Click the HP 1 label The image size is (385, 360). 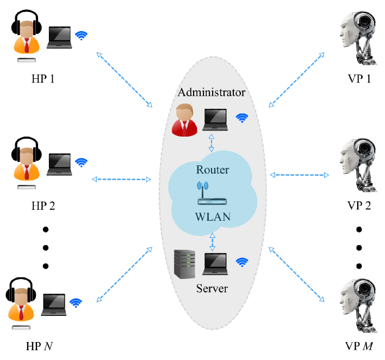click(x=43, y=79)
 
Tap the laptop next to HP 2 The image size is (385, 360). click(x=59, y=164)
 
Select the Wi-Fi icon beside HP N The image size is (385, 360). click(x=76, y=303)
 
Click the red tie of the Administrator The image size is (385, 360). click(x=185, y=128)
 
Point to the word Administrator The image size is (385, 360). click(x=212, y=92)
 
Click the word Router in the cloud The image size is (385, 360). click(x=213, y=170)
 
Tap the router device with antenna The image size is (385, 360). click(x=212, y=193)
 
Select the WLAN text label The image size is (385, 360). click(x=213, y=217)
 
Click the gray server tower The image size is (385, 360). click(x=185, y=264)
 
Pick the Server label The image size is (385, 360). click(x=212, y=288)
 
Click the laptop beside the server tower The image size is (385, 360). click(x=215, y=264)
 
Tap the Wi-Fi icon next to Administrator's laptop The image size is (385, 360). click(x=242, y=118)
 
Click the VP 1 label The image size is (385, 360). click(x=359, y=79)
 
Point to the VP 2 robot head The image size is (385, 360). click(x=358, y=165)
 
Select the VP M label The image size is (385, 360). click(x=359, y=346)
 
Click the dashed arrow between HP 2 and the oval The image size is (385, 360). click(x=122, y=179)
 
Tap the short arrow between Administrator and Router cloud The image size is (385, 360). click(x=212, y=143)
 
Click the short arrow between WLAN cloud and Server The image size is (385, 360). click(x=213, y=242)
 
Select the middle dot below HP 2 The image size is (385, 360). click(x=46, y=247)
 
